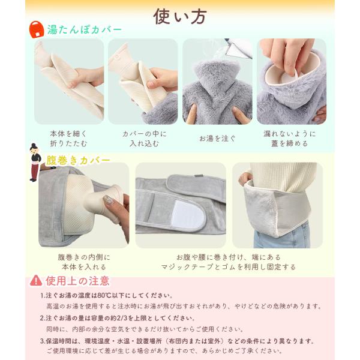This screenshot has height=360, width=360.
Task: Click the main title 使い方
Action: click(x=180, y=16)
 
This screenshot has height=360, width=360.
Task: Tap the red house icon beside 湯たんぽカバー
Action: click(x=37, y=29)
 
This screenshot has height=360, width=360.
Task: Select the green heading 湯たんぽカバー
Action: click(x=84, y=29)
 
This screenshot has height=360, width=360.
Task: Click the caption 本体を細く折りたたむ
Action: click(x=68, y=139)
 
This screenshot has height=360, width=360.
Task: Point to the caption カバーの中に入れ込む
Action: click(x=145, y=139)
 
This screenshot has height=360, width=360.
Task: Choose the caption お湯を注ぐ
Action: click(x=217, y=139)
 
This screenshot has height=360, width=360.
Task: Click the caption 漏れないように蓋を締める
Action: click(x=290, y=139)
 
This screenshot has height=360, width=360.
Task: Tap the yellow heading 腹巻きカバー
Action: click(x=78, y=160)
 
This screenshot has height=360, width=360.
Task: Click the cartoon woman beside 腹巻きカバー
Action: click(x=35, y=162)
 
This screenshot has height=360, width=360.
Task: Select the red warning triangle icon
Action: click(x=36, y=281)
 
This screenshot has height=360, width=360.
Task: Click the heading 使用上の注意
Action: click(x=77, y=281)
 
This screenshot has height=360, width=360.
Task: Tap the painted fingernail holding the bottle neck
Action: click(x=108, y=200)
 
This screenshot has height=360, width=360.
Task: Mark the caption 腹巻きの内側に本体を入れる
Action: click(x=84, y=262)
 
